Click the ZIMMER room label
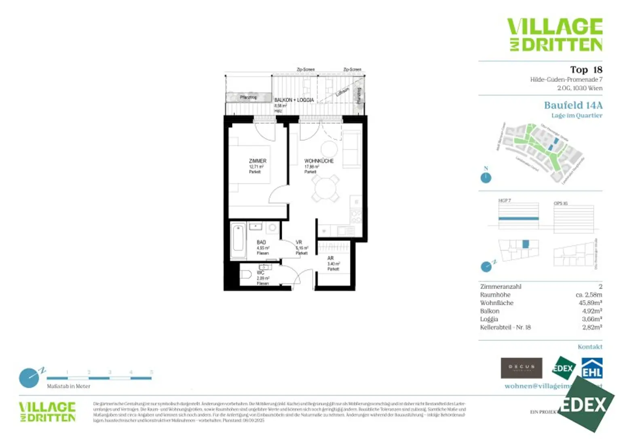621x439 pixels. click(258, 161)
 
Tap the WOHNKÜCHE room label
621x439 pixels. click(319, 161)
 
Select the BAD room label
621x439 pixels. click(261, 242)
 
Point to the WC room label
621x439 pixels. click(260, 273)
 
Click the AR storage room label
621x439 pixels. click(330, 258)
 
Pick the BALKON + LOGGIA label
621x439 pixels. click(294, 100)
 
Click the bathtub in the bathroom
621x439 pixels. click(238, 241)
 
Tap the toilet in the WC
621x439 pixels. click(246, 275)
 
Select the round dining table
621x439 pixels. click(325, 189)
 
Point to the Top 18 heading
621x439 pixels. click(586, 70)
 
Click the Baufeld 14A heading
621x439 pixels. click(573, 105)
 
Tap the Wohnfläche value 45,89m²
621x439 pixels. click(590, 303)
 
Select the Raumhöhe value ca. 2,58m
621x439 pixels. click(589, 295)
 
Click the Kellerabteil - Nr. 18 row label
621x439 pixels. click(505, 328)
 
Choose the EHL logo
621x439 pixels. click(592, 368)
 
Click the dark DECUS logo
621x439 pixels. click(521, 368)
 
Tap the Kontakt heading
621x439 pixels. click(590, 347)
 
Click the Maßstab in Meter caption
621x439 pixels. click(68, 386)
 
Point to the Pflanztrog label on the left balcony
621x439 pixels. click(248, 97)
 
